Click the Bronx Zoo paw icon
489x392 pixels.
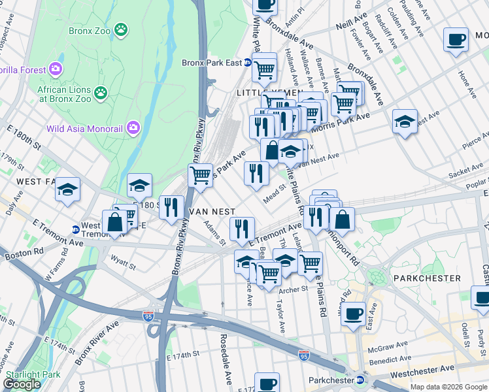[121, 29]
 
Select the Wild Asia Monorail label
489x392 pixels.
[86, 127]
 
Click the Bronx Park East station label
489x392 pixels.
[211, 63]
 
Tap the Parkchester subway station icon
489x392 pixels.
[360, 380]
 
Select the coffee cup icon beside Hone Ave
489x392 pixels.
[456, 39]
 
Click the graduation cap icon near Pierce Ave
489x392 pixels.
[405, 121]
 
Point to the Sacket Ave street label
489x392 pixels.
[465, 172]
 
